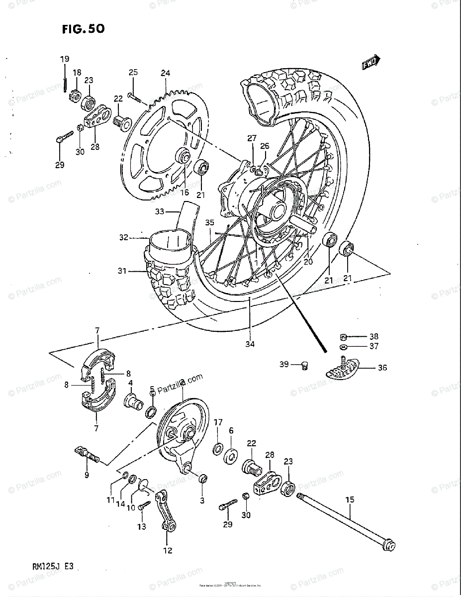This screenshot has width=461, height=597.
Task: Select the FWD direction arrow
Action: pyautogui.click(x=370, y=62)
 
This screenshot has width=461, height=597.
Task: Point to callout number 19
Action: pyautogui.click(x=65, y=59)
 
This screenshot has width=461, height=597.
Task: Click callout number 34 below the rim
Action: pyautogui.click(x=250, y=344)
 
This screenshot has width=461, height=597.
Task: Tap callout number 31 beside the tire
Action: pyautogui.click(x=122, y=271)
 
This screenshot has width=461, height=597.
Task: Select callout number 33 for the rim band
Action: pyautogui.click(x=159, y=211)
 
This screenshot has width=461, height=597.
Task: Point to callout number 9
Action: pyautogui.click(x=87, y=475)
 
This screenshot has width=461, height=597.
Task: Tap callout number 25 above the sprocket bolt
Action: pyautogui.click(x=133, y=73)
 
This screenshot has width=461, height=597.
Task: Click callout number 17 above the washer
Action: pyautogui.click(x=218, y=422)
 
